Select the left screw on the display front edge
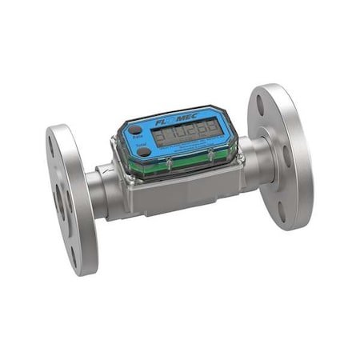point(170,165)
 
